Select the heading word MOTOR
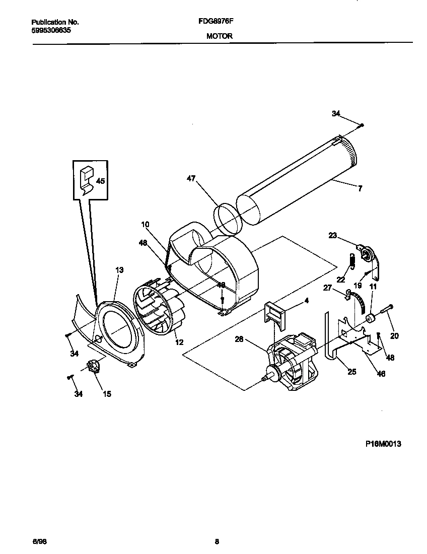point(219,36)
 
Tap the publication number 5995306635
point(51,30)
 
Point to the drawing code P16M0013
point(383,444)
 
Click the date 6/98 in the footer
point(39,542)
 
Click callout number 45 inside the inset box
point(100,181)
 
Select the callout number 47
point(191,178)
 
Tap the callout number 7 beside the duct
point(360,189)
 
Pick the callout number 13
point(119,270)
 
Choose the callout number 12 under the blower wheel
point(179,342)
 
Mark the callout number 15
point(107,394)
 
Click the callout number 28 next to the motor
point(239,339)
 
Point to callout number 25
point(351,372)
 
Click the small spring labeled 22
point(353,262)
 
